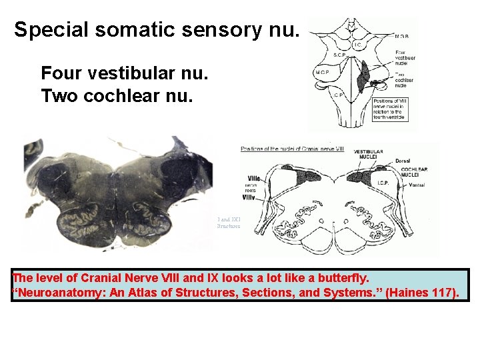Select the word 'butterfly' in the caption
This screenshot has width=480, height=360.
pos(340,278)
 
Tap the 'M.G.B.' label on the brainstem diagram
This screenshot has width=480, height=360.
pos(402,36)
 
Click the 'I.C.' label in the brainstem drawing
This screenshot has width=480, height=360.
pos(357,45)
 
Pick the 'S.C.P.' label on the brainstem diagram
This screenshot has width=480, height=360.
pos(339,53)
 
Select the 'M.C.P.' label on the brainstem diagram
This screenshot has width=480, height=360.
pos(323,72)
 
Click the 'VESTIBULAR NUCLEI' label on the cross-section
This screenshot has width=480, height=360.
pos(368,155)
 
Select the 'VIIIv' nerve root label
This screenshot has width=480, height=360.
pos(249,197)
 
